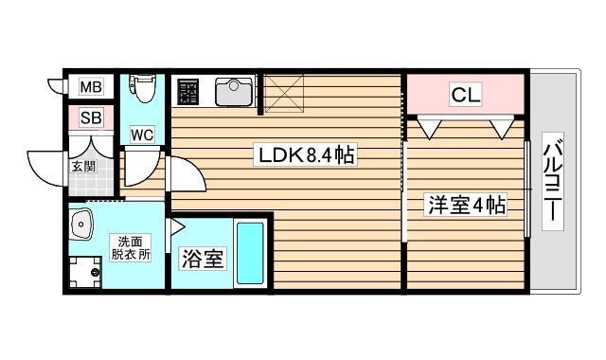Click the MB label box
90,88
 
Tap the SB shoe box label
91,118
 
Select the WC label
142,134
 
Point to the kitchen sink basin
232,92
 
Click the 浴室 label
202,257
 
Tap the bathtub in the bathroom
250,255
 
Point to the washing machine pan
88,272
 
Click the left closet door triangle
428,126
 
